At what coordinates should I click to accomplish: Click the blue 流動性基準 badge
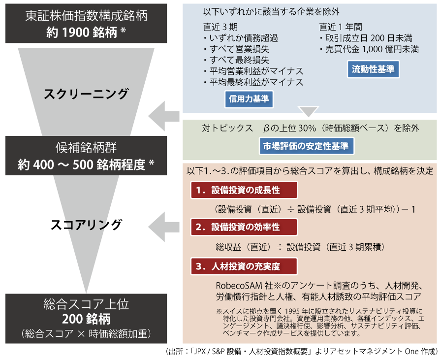pyautogui.click(x=373, y=69)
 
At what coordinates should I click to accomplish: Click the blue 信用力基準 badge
pyautogui.click(x=249, y=99)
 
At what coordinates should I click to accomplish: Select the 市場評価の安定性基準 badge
pyautogui.click(x=306, y=146)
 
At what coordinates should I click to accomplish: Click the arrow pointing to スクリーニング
pyautogui.click(x=164, y=116)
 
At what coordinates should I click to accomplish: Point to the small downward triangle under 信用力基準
pyautogui.click(x=309, y=113)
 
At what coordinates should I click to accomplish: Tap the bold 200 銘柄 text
pyautogui.click(x=86, y=319)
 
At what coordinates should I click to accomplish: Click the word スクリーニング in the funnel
pyautogui.click(x=86, y=93)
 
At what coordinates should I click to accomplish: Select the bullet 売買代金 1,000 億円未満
pyautogui.click(x=369, y=49)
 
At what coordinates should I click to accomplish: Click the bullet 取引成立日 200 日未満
pyautogui.click(x=366, y=38)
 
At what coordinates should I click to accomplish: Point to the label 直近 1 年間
pyautogui.click(x=341, y=27)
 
